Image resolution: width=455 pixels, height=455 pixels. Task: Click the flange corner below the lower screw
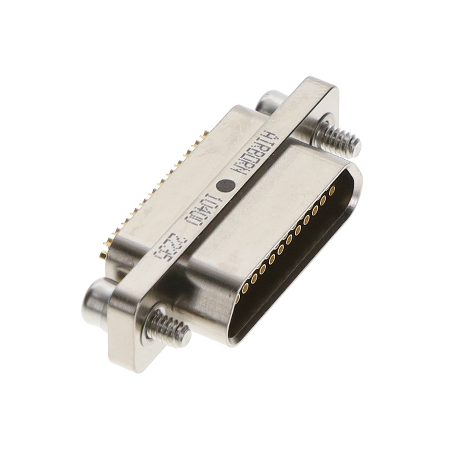(x=124, y=363)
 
